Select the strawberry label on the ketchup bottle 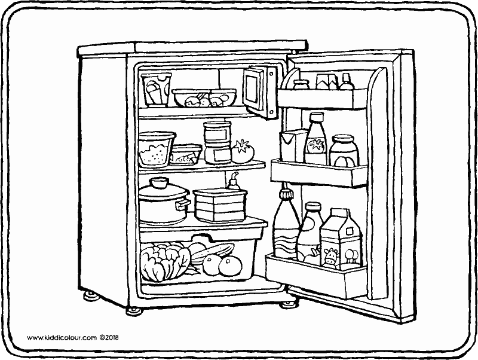(x=315, y=145)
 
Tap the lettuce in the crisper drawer (x=162, y=262)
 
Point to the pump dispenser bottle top (x=232, y=177)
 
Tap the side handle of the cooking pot (x=183, y=206)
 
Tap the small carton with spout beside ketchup (x=292, y=147)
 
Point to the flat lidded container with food (x=186, y=155)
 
